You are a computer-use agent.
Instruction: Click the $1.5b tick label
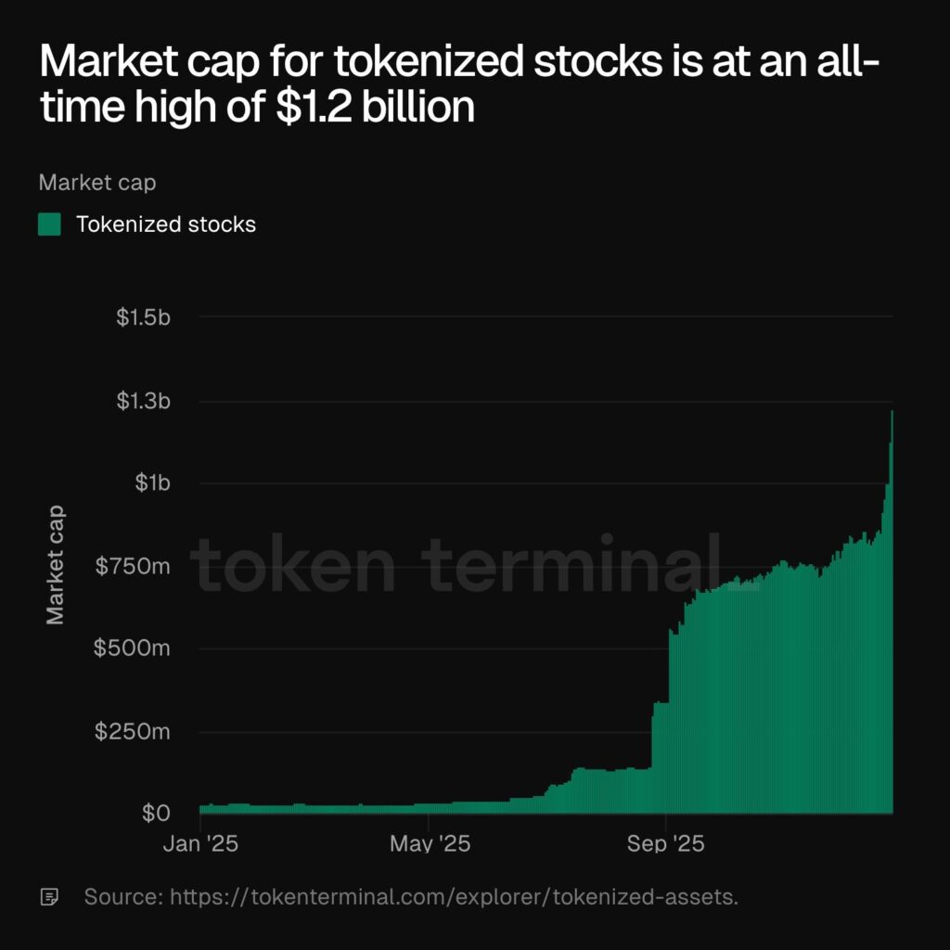(143, 317)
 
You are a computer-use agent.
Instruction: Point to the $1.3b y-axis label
(143, 401)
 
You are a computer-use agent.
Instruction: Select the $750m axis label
(133, 566)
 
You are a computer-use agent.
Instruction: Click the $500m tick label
(132, 648)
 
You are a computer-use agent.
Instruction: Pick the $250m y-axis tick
(132, 731)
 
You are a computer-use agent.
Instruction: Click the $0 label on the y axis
(156, 814)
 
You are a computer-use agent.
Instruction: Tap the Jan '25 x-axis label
(201, 844)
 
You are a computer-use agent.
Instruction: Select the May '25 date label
(429, 844)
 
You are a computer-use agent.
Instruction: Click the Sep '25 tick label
(666, 844)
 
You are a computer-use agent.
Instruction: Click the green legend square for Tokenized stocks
(49, 225)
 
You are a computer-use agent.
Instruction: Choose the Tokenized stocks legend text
(165, 225)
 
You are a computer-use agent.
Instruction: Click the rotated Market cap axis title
(56, 563)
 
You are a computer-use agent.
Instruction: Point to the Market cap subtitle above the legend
(97, 182)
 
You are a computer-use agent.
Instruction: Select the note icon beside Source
(49, 897)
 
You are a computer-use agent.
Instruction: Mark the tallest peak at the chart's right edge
(892, 413)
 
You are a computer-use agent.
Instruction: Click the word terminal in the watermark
(580, 564)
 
